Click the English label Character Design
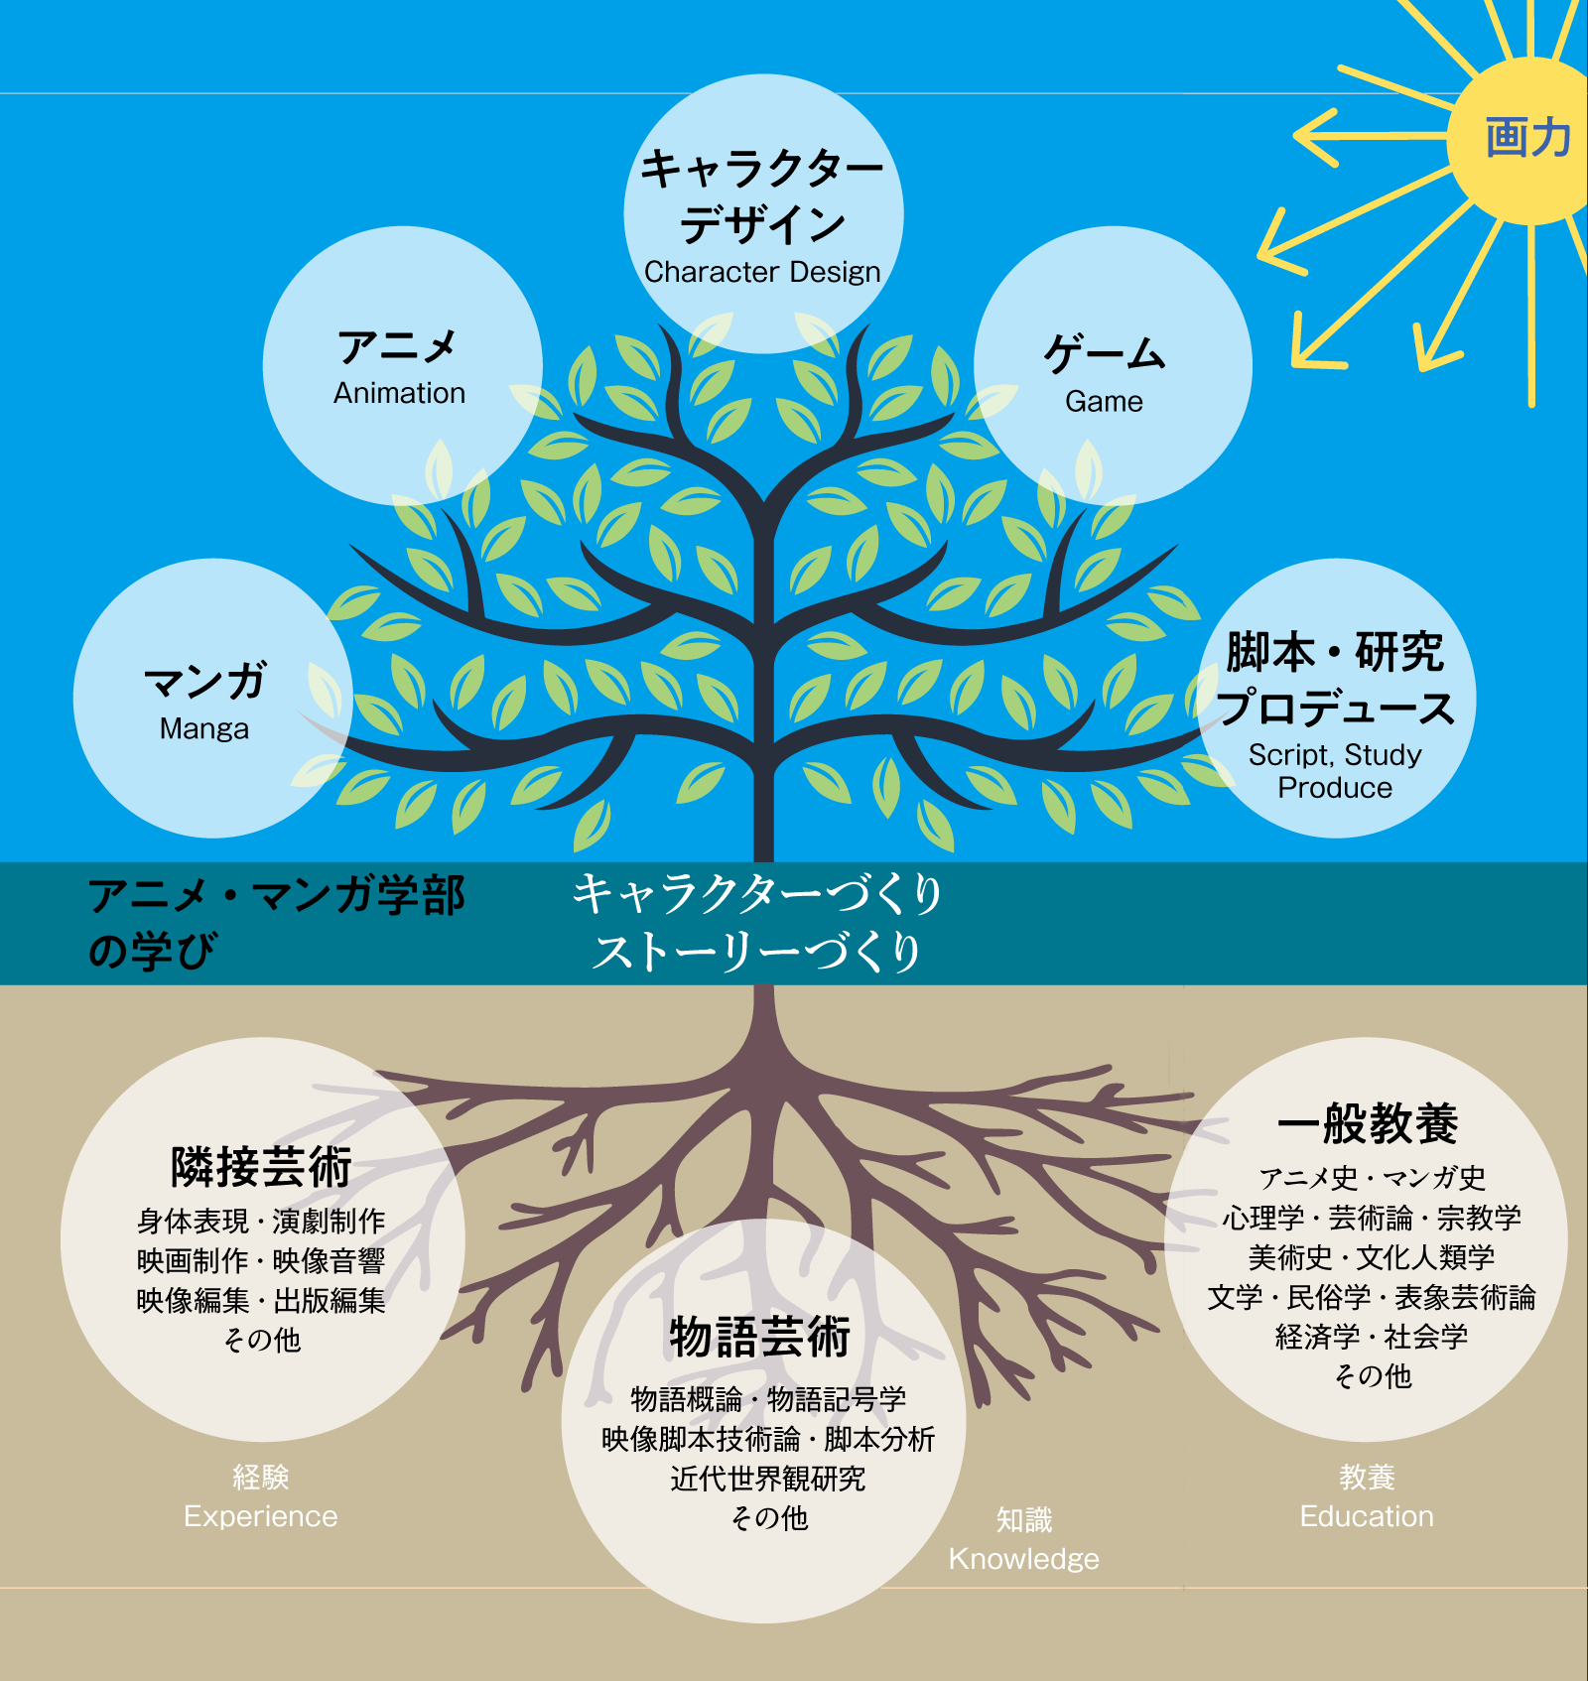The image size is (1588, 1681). point(762,272)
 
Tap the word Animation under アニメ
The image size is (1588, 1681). point(399,393)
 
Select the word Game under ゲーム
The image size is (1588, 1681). point(1104,401)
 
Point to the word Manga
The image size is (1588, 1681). point(204,729)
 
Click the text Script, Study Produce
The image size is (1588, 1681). point(1335,771)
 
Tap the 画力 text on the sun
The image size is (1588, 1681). point(1528,137)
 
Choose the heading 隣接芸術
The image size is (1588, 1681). point(262,1167)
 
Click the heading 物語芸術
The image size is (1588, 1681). point(760,1337)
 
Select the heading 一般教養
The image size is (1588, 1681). point(1368,1123)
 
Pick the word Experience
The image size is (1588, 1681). point(261,1516)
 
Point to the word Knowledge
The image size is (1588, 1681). point(1024,1559)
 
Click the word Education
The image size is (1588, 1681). point(1367,1516)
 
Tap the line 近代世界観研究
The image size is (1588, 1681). point(768,1479)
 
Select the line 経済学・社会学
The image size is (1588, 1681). point(1372,1337)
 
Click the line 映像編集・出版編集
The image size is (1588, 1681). point(261,1300)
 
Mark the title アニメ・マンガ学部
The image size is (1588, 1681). point(277,895)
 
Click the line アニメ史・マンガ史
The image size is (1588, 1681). point(1372,1178)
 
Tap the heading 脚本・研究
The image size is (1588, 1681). point(1335,652)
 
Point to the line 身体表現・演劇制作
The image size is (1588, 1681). point(261,1221)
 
